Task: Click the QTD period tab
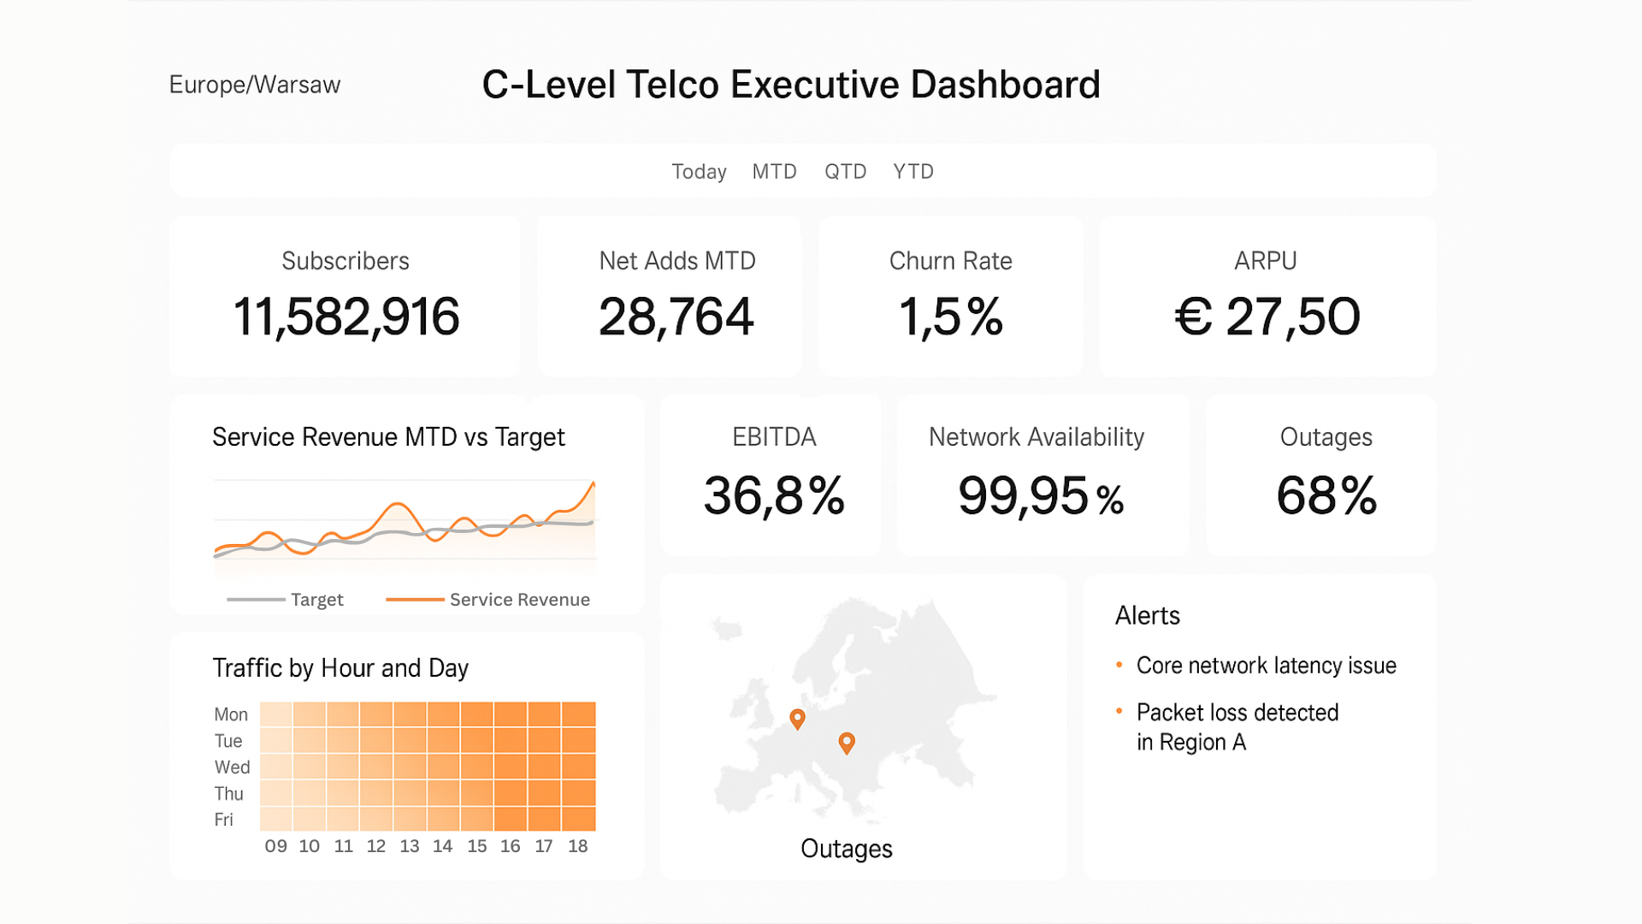click(x=845, y=172)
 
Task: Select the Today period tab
click(x=699, y=172)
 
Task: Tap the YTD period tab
click(x=913, y=172)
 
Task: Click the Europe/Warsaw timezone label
click(x=255, y=85)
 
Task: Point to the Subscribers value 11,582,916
click(x=346, y=317)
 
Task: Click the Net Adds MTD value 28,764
click(x=676, y=317)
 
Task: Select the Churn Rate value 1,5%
click(x=950, y=317)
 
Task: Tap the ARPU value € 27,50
click(x=1267, y=317)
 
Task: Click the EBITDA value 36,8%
click(x=774, y=495)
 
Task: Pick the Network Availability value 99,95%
click(x=1041, y=496)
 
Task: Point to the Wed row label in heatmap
click(x=232, y=767)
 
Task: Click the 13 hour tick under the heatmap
click(x=410, y=846)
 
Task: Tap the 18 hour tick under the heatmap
click(x=578, y=846)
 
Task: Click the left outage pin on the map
click(x=797, y=719)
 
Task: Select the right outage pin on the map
click(x=847, y=742)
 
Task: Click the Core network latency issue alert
click(x=1266, y=666)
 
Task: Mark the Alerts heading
click(x=1147, y=616)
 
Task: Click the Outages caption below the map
click(x=846, y=849)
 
